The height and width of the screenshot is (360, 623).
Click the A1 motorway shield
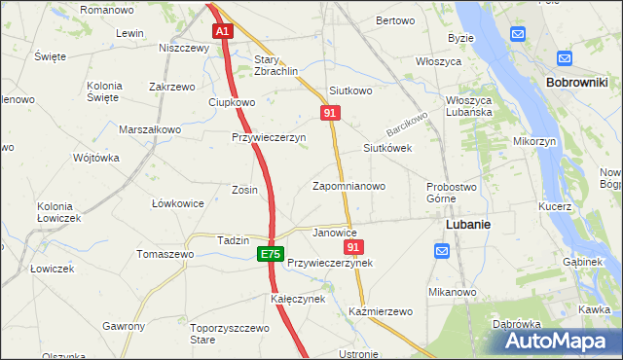point(223,31)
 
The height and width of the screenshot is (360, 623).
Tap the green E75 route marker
point(271,254)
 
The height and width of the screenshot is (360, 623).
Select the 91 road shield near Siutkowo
point(330,114)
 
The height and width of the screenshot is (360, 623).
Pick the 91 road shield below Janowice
point(354,248)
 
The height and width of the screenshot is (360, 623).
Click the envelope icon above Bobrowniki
point(518,34)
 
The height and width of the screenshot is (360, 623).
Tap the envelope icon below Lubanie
point(442,251)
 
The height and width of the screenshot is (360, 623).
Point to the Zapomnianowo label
point(348,186)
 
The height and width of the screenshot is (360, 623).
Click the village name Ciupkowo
point(232,102)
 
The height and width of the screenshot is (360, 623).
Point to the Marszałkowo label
point(150,129)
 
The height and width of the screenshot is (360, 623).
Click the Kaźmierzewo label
point(381,311)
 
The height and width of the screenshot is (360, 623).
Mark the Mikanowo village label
point(452,292)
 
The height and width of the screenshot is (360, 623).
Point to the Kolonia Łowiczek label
point(58,212)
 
